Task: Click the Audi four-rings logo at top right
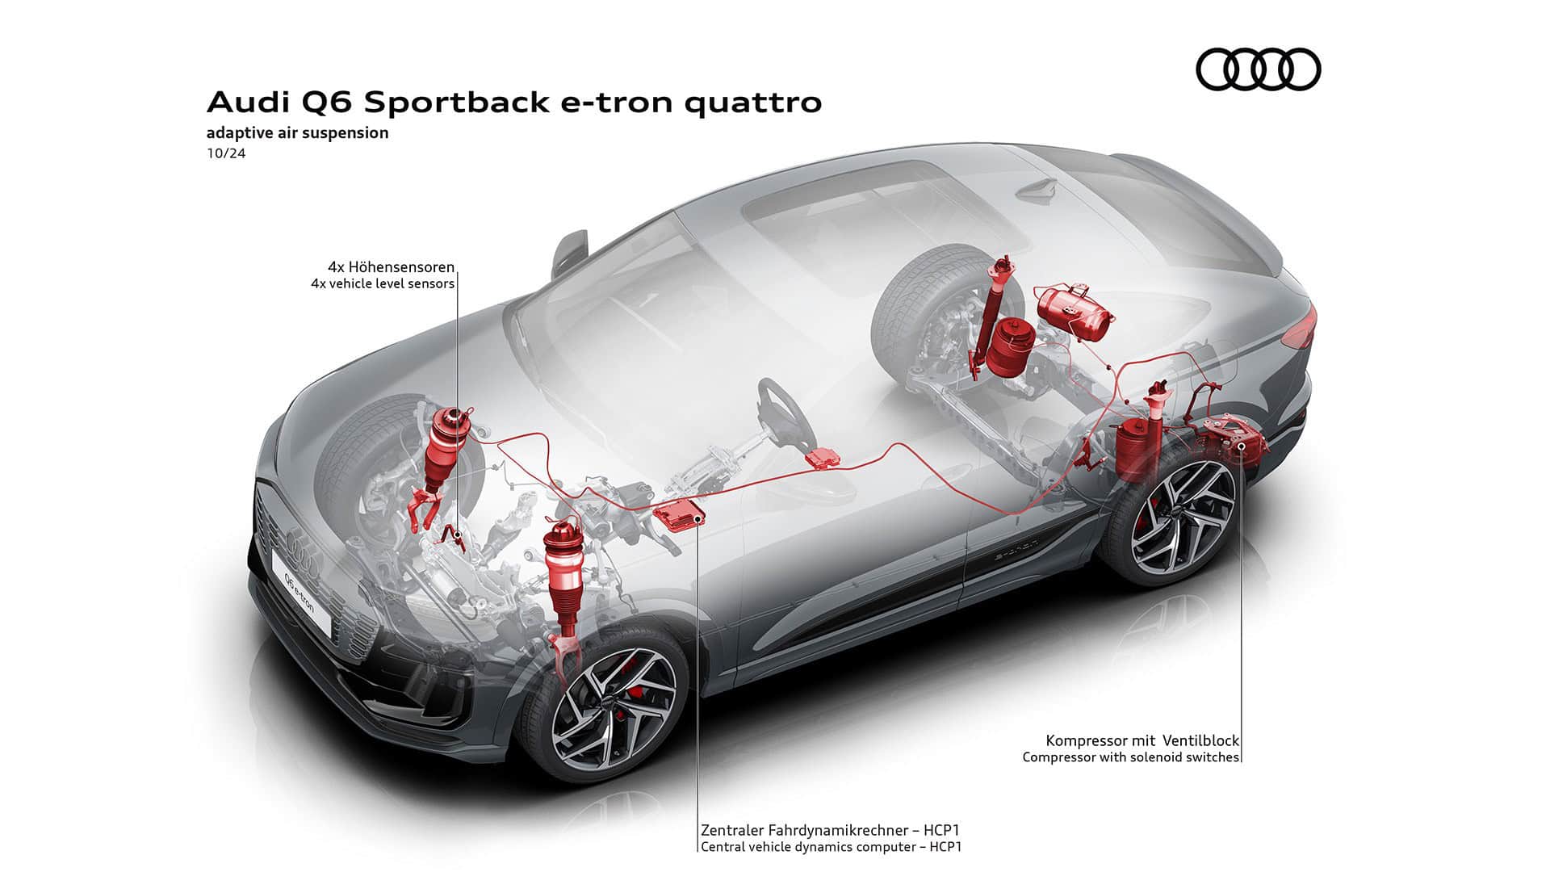pos(1258,69)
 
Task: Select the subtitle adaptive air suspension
pos(297,132)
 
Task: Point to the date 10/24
pos(226,153)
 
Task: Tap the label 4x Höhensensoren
pos(391,266)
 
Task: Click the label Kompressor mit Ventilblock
pos(1142,740)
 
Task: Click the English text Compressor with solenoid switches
pos(1130,757)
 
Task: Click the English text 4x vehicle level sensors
pos(383,284)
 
